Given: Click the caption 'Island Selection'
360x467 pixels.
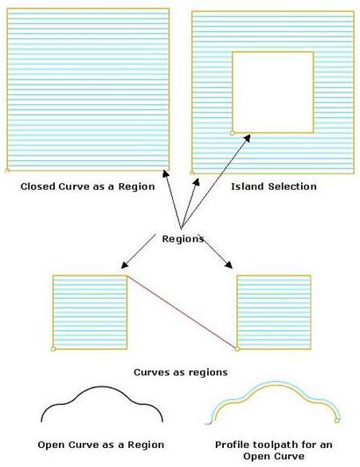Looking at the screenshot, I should pos(273,186).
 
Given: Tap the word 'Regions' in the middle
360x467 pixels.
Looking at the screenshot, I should pos(182,238).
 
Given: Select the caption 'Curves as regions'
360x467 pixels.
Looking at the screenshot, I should pos(181,371).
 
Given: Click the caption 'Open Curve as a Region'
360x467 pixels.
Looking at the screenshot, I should pos(101,444).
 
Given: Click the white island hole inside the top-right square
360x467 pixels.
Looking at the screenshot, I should pos(272,92).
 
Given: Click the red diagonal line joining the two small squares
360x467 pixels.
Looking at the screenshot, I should pos(183,312).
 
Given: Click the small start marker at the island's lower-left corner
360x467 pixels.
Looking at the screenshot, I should pos(232,131).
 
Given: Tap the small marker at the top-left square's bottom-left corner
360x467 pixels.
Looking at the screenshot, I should pos(7,170).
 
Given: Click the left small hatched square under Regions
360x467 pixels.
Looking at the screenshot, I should pos(89,312).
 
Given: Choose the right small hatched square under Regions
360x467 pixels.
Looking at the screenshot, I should pos(274,312).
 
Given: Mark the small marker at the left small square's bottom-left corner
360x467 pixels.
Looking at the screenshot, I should pos(53,348).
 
